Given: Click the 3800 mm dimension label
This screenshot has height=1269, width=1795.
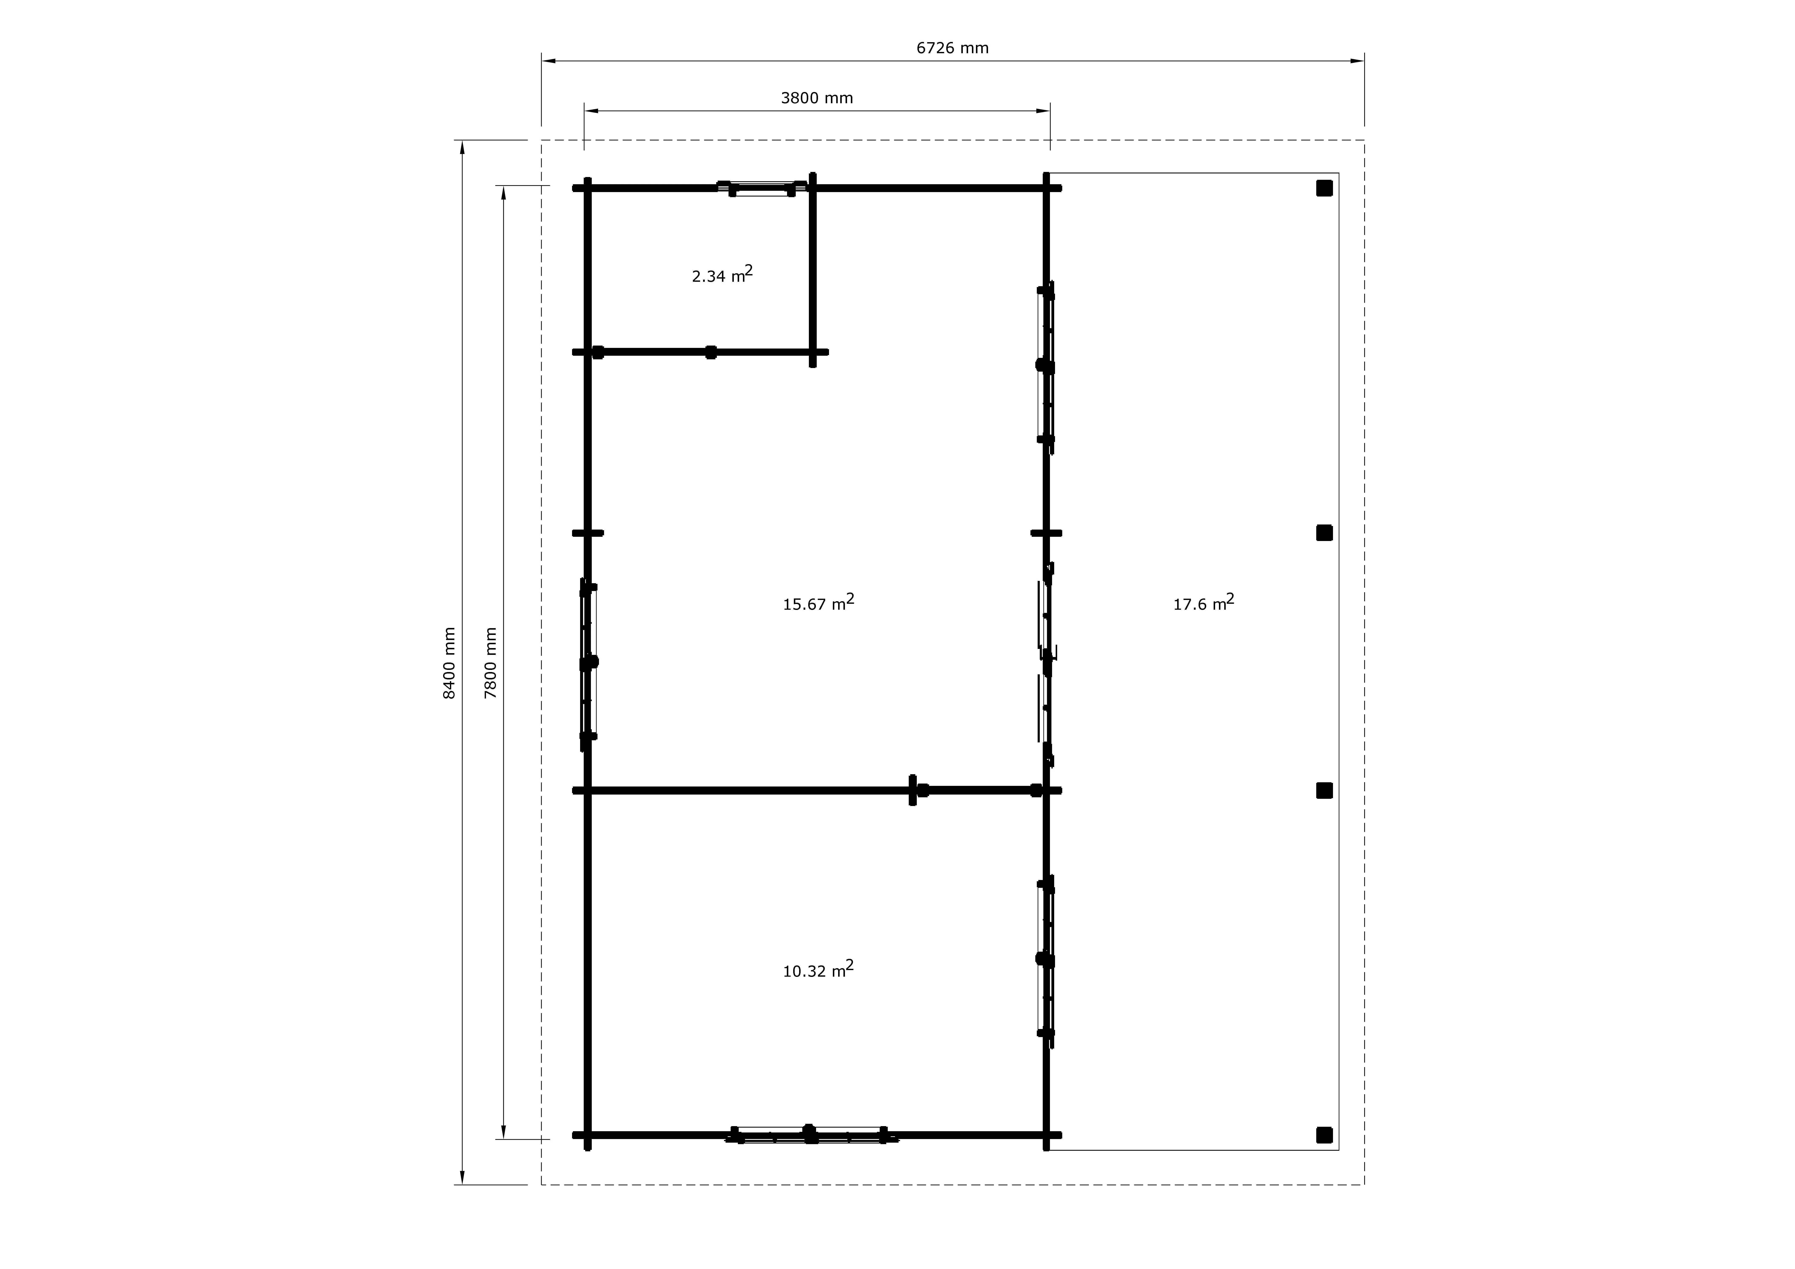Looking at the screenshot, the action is click(x=817, y=99).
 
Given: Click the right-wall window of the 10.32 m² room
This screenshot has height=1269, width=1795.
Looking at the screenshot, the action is click(x=1046, y=961).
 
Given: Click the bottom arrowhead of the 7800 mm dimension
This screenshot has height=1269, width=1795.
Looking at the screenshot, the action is click(x=504, y=1132).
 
